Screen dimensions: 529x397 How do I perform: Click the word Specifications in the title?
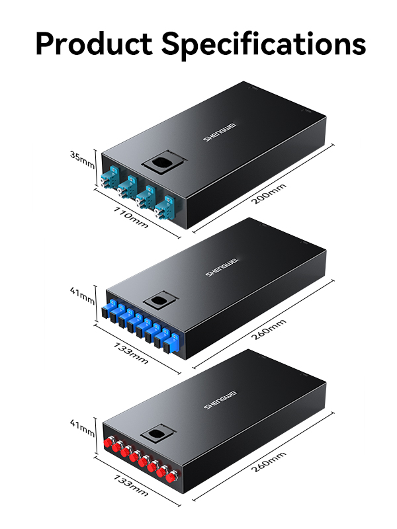[x=263, y=45]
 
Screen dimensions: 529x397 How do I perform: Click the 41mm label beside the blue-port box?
[x=82, y=293]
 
